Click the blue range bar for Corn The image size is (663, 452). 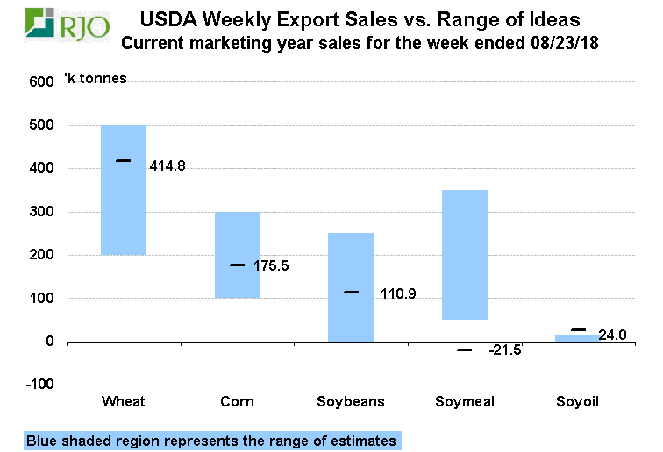click(238, 254)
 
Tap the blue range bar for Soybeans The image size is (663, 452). click(351, 286)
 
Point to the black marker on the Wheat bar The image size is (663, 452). click(124, 160)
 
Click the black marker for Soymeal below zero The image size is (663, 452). click(465, 350)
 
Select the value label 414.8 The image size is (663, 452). click(168, 166)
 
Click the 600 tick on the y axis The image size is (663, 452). click(41, 82)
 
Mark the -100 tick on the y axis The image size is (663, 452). click(39, 385)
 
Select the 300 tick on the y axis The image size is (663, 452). click(41, 212)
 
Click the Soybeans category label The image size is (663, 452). click(351, 402)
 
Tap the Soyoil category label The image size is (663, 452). click(578, 402)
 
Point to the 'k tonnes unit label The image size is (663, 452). click(96, 79)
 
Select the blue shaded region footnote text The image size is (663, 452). click(211, 441)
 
